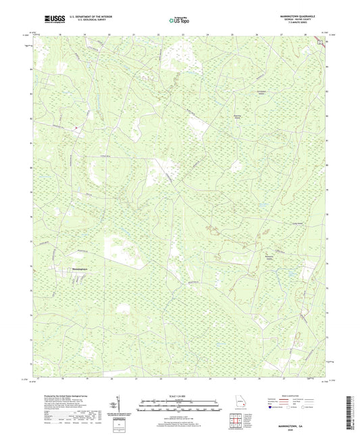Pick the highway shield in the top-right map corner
pos(321,41)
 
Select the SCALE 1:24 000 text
pos(180,396)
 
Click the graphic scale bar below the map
pos(180,405)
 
